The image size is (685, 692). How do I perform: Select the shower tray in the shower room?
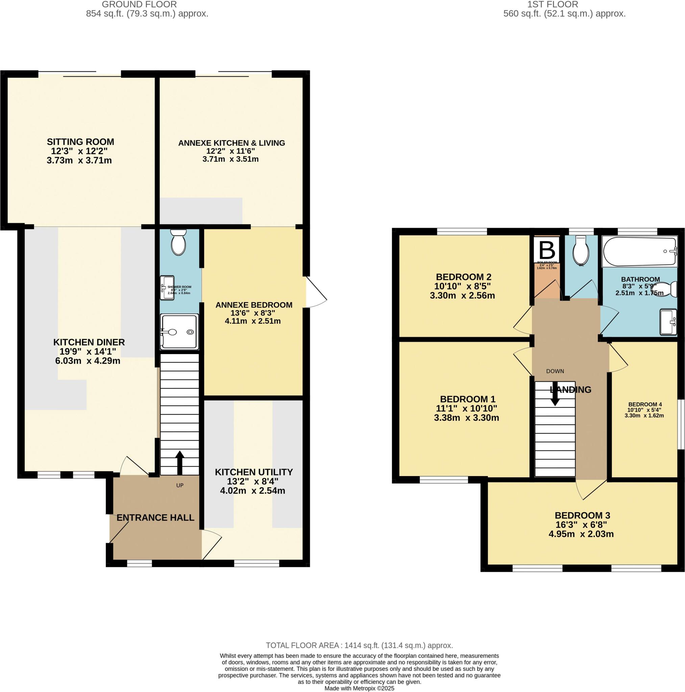179,331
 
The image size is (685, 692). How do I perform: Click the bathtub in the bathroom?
640,251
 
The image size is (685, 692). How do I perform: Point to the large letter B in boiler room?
547,250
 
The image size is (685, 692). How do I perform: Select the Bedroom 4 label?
644,404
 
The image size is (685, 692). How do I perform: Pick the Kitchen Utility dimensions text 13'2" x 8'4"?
252,481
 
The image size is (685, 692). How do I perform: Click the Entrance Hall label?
155,518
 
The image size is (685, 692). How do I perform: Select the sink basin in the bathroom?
668,321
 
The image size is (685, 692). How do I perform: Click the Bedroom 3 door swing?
590,489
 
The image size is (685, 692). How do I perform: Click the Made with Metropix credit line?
359,688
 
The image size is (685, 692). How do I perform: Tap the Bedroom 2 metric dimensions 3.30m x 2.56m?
462,296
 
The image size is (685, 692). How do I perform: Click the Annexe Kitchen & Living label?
231,143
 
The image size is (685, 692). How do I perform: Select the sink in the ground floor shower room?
167,288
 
